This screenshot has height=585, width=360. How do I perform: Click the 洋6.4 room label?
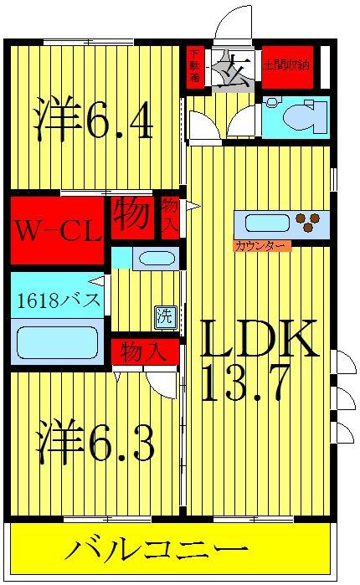click(94, 122)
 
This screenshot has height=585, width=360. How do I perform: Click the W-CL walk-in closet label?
click(56, 228)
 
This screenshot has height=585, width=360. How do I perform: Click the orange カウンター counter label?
click(260, 246)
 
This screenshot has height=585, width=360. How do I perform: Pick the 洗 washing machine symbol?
click(165, 316)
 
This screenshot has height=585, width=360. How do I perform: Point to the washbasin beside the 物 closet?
click(154, 258)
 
